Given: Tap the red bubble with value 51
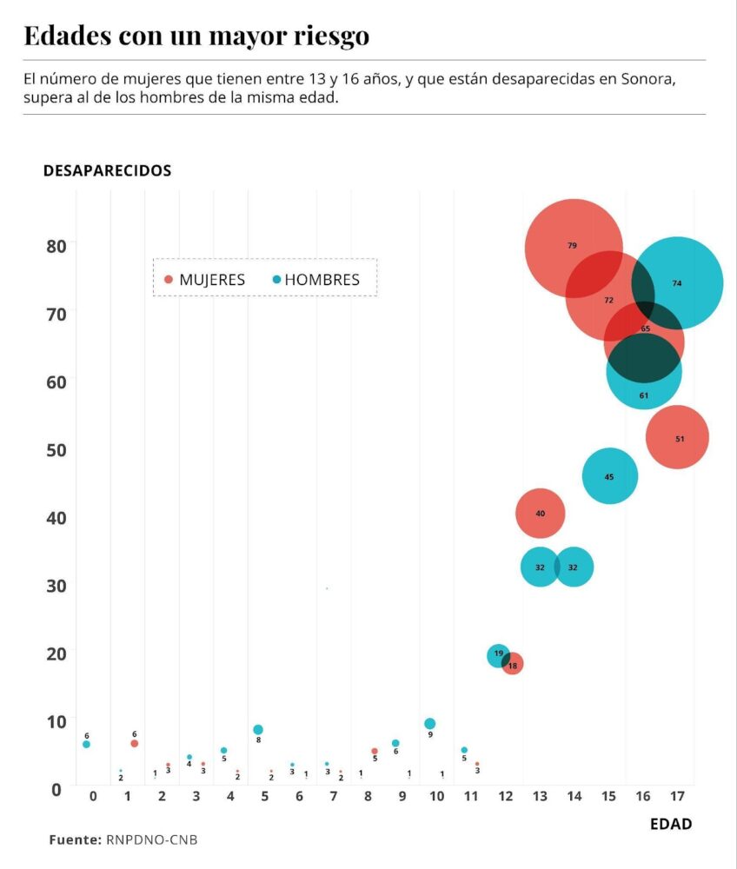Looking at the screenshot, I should pyautogui.click(x=678, y=438).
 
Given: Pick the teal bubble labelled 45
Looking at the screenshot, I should pyautogui.click(x=609, y=476).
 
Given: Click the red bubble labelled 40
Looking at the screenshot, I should pyautogui.click(x=540, y=514).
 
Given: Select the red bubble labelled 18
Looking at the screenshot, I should pyautogui.click(x=514, y=665).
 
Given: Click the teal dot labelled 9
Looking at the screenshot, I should pyautogui.click(x=429, y=724).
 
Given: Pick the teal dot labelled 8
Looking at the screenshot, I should pyautogui.click(x=257, y=730).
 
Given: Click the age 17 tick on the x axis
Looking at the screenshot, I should pyautogui.click(x=677, y=796).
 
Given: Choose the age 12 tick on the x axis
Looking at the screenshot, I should pyautogui.click(x=506, y=796).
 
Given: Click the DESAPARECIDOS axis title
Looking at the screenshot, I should pyautogui.click(x=107, y=170).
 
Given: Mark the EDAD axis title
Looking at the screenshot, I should pyautogui.click(x=671, y=824).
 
